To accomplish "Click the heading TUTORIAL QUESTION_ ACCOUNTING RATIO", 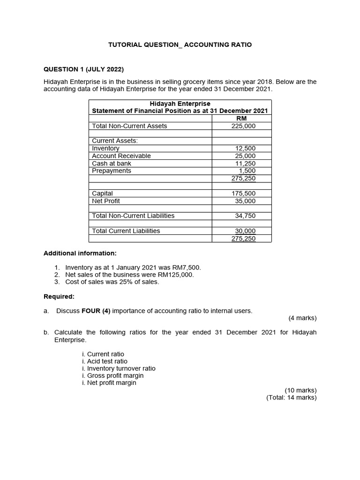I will (180, 45).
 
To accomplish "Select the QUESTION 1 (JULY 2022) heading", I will (83, 69).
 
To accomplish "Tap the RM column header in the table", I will (241, 119).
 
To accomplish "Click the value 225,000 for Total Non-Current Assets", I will (244, 126).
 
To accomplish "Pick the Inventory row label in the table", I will (105, 148).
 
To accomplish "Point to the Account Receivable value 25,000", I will (245, 156).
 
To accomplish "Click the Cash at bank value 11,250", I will (245, 163).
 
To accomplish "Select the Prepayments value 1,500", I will (247, 171).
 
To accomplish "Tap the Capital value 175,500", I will (244, 193).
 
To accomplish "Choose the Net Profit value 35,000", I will (245, 201).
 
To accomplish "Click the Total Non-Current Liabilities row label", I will (133, 216).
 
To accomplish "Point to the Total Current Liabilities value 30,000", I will (245, 231).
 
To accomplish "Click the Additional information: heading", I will (80, 253).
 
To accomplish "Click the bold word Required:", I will (59, 297).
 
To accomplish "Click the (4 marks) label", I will (302, 318).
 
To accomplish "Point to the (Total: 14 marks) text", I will (292, 397).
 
